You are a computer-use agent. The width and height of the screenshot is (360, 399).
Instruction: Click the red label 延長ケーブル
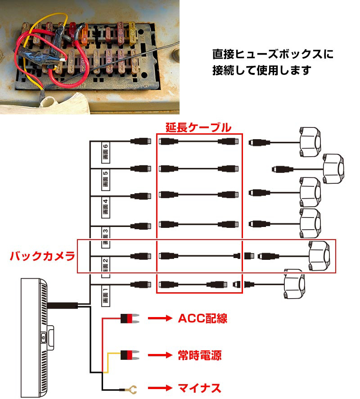pyautogui.click(x=198, y=127)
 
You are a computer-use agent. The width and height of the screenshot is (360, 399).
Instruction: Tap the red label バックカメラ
pyautogui.click(x=42, y=256)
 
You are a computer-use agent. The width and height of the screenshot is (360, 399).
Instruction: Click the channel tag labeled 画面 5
pyautogui.click(x=106, y=179)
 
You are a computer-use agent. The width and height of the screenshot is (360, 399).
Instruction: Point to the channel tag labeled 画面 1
pyautogui.click(x=106, y=295)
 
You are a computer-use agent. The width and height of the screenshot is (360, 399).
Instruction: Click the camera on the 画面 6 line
pyautogui.click(x=310, y=142)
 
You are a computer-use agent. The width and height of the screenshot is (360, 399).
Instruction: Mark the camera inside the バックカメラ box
pyautogui.click(x=319, y=256)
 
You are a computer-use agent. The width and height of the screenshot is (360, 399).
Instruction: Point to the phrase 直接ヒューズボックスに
pyautogui.click(x=273, y=54)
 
